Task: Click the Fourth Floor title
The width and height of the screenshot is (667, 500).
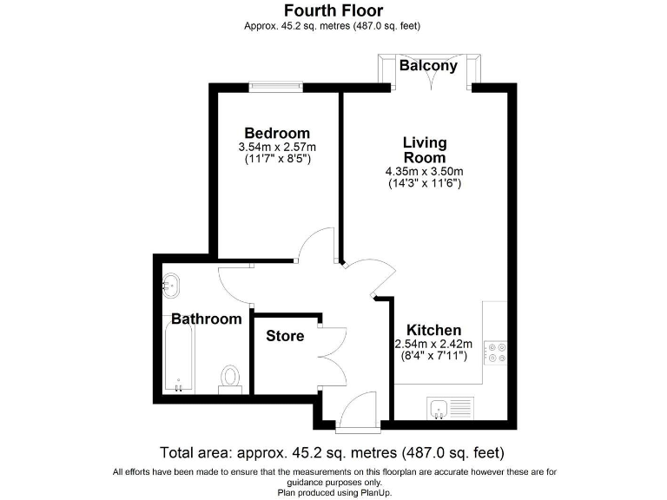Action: pyautogui.click(x=333, y=10)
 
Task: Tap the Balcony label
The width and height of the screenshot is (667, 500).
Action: pyautogui.click(x=428, y=66)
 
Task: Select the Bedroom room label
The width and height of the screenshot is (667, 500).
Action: pyautogui.click(x=276, y=133)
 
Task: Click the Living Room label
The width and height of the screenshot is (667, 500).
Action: pyautogui.click(x=424, y=149)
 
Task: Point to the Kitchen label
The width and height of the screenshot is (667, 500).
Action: pyautogui.click(x=434, y=330)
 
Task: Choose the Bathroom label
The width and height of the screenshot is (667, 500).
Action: pyautogui.click(x=206, y=319)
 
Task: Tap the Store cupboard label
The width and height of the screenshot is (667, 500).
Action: pyautogui.click(x=285, y=336)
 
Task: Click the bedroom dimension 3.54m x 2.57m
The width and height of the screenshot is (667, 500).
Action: pyautogui.click(x=276, y=148)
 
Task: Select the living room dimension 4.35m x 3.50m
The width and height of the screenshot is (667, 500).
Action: pyautogui.click(x=424, y=171)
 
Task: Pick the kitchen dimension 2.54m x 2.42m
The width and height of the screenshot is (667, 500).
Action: pyautogui.click(x=434, y=344)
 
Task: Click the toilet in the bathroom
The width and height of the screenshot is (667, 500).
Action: pyautogui.click(x=230, y=378)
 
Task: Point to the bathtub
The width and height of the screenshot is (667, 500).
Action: pyautogui.click(x=178, y=356)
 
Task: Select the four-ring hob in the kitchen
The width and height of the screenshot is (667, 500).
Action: pyautogui.click(x=497, y=350)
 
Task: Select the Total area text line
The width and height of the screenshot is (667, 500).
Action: pyautogui.click(x=333, y=452)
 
